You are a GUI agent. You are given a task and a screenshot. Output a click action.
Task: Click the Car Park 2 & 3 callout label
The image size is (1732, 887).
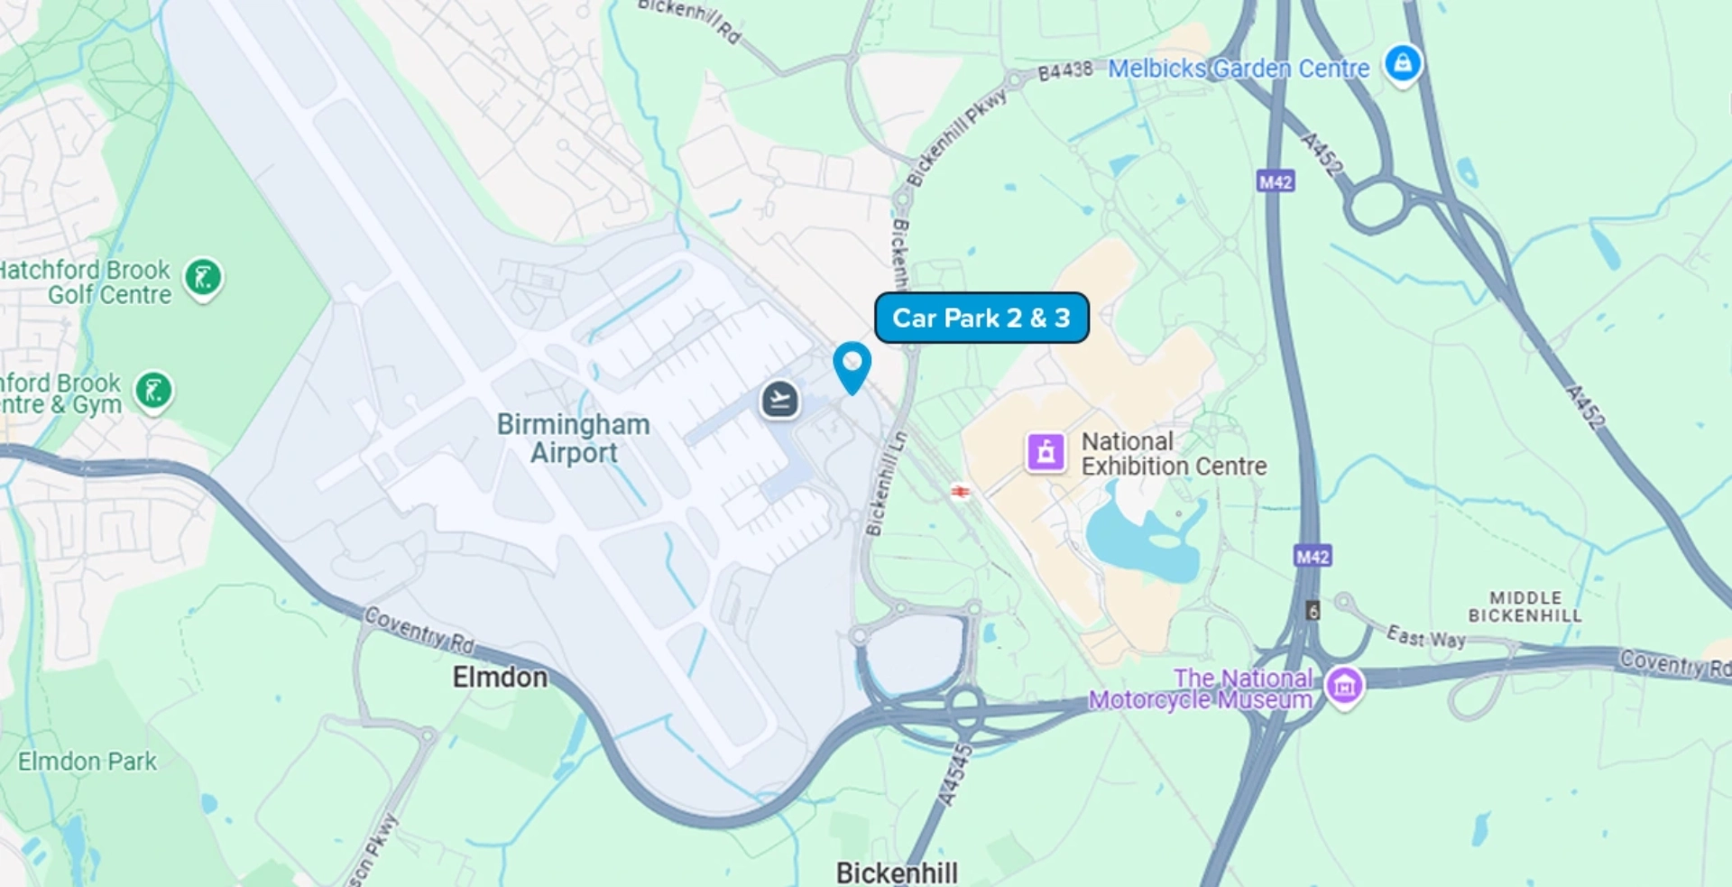click(x=981, y=318)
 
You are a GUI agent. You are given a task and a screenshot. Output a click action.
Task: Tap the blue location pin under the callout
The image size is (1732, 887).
click(x=852, y=365)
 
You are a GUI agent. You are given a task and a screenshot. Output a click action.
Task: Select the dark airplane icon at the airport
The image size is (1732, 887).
click(x=780, y=399)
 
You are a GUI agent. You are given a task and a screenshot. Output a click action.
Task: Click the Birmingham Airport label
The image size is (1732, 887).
click(x=574, y=439)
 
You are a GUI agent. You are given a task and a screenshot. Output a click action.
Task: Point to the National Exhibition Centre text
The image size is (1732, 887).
click(x=1173, y=454)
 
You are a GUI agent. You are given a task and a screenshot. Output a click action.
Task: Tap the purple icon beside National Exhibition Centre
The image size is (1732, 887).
click(x=1046, y=451)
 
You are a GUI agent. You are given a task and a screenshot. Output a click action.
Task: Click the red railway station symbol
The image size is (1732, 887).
click(x=961, y=491)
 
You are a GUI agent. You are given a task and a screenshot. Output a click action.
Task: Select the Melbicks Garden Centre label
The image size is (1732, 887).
click(x=1238, y=69)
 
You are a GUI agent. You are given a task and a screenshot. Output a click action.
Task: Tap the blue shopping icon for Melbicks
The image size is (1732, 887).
click(x=1403, y=64)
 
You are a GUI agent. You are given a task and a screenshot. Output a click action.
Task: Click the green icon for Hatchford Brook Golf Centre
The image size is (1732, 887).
click(x=204, y=278)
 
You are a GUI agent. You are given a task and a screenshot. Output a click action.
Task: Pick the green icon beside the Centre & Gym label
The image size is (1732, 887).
click(x=154, y=392)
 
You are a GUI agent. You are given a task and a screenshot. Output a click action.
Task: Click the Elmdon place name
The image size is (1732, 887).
click(x=500, y=677)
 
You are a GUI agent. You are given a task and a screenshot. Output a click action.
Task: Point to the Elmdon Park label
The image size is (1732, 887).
click(x=88, y=762)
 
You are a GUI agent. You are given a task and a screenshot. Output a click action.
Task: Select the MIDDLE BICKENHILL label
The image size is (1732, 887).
click(x=1525, y=606)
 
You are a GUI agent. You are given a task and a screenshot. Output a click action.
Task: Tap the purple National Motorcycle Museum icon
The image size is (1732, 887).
click(x=1344, y=686)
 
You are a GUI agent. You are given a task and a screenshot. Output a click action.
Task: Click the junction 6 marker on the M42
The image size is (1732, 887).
click(x=1313, y=611)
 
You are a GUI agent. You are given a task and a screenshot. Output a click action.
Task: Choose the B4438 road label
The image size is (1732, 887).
click(x=1064, y=70)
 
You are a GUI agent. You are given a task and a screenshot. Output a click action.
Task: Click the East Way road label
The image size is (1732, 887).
click(x=1425, y=637)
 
